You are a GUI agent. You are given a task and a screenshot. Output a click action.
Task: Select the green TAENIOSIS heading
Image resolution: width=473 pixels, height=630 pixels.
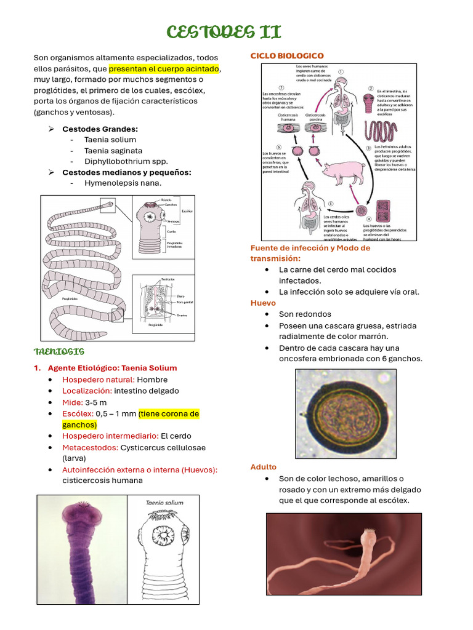point(59,352)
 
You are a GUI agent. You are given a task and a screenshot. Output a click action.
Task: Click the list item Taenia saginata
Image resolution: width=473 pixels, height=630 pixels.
point(113,151)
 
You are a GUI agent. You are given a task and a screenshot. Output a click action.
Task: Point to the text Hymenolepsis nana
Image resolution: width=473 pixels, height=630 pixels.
point(123,183)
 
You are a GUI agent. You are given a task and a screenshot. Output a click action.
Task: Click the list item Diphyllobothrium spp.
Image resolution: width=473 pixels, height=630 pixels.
point(126,161)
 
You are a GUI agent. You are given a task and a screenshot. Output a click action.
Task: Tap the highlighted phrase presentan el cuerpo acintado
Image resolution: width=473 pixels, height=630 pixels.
point(164,68)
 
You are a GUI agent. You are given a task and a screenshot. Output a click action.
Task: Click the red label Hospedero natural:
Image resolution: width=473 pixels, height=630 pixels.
point(99,380)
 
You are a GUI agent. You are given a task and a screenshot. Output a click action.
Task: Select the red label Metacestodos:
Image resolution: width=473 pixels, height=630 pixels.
point(90,447)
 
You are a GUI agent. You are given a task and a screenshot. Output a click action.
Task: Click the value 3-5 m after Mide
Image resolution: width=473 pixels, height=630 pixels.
point(96,402)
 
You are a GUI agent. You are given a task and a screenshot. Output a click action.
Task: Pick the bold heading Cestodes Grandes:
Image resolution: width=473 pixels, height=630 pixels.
point(100,129)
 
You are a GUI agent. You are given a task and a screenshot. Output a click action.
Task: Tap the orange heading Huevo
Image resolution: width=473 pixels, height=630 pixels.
point(263,303)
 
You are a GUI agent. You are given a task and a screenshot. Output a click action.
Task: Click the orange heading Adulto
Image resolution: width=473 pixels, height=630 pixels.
point(264,467)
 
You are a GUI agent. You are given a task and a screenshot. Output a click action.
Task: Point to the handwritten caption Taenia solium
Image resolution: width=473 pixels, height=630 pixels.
point(164,503)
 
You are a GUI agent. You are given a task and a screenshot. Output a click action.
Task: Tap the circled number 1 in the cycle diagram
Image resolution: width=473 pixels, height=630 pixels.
point(341,71)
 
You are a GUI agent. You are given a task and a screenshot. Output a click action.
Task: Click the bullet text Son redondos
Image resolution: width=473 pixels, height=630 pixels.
point(305,314)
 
